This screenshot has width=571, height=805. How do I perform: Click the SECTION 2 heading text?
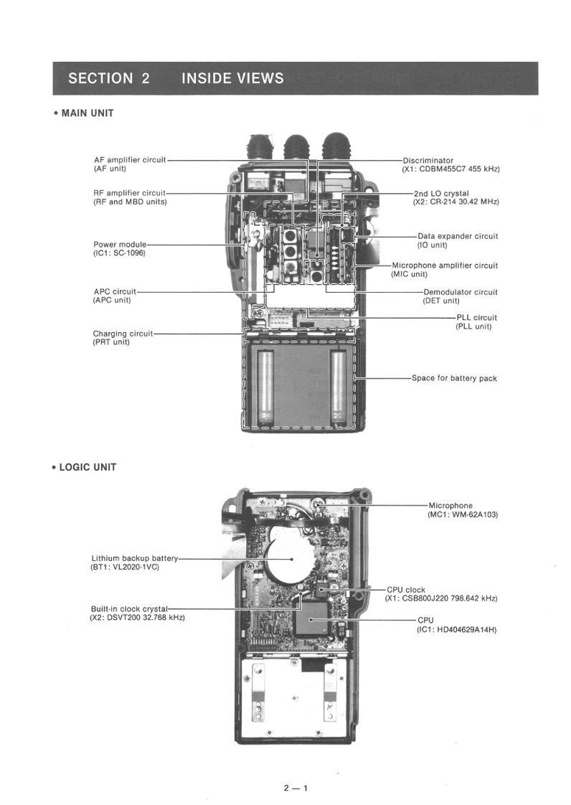(x=109, y=79)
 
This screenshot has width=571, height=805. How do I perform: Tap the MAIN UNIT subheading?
(x=87, y=113)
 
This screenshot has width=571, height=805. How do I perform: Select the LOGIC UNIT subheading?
(x=87, y=467)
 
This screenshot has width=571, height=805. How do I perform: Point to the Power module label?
(x=120, y=245)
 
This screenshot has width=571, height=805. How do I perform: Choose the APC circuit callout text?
(x=115, y=292)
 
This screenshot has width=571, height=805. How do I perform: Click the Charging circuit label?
(x=123, y=334)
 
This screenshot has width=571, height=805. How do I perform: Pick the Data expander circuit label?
(x=458, y=236)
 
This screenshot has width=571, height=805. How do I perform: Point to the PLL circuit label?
(x=476, y=317)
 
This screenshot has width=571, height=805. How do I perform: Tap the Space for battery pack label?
(x=454, y=378)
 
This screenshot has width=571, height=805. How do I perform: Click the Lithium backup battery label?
(x=134, y=558)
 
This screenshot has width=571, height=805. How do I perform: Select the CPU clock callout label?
(x=405, y=590)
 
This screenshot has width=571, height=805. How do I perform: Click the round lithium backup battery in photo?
(x=290, y=559)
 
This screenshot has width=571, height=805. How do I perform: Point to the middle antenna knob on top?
(x=297, y=150)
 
